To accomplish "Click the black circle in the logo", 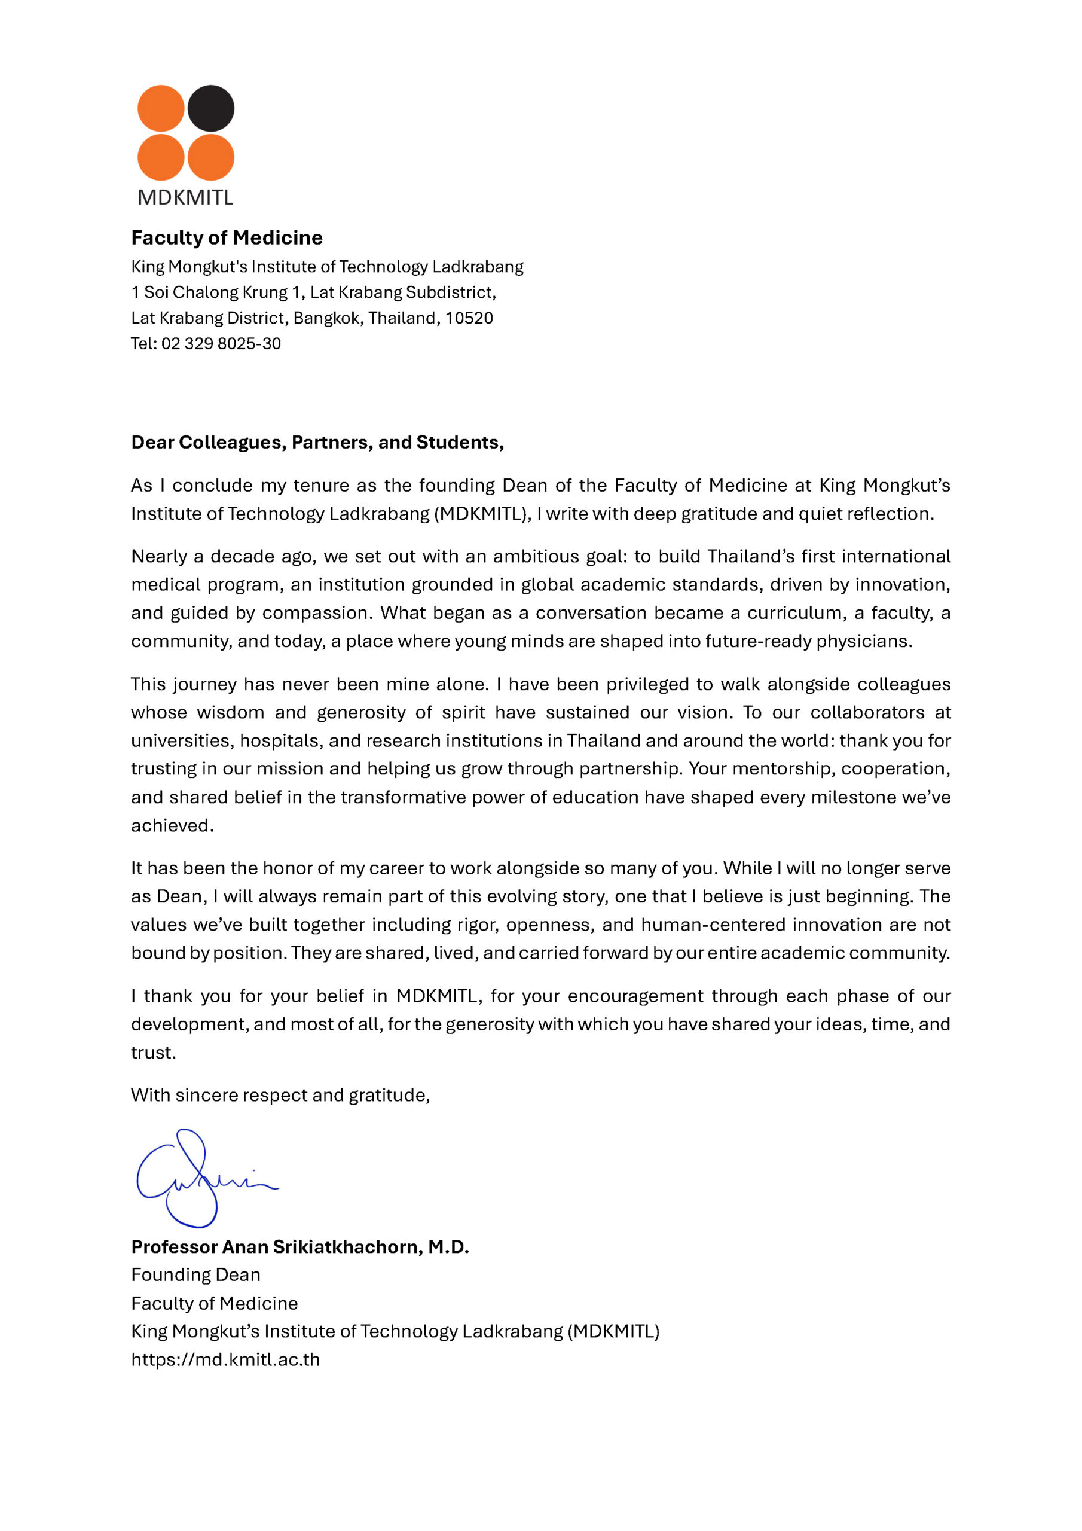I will pyautogui.click(x=210, y=108).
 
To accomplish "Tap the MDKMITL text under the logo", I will pyautogui.click(x=185, y=197).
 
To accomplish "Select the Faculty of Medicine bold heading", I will pyautogui.click(x=227, y=237).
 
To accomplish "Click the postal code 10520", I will pyautogui.click(x=469, y=318).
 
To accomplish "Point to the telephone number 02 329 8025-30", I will pyautogui.click(x=221, y=343).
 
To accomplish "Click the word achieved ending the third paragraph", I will pyautogui.click(x=172, y=825).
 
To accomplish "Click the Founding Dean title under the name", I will pyautogui.click(x=195, y=1275).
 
